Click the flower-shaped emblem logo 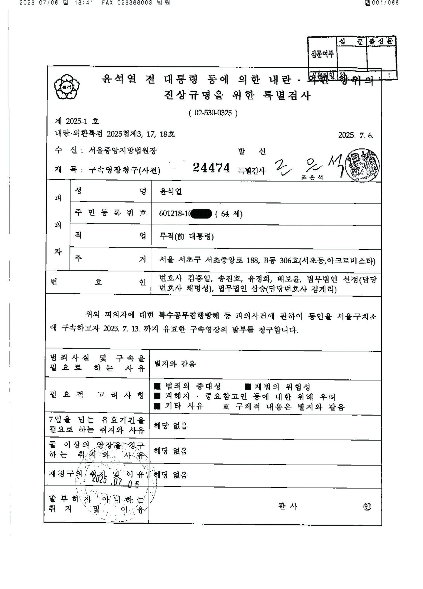click(x=67, y=87)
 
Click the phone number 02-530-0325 click(x=213, y=113)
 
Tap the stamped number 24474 click(x=211, y=168)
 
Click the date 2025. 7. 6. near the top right click(x=355, y=135)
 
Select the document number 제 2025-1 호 click(x=77, y=121)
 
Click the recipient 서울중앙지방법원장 click(x=122, y=151)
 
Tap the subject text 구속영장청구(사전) click(x=124, y=170)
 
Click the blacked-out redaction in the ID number click(x=201, y=214)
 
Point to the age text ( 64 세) click(x=229, y=214)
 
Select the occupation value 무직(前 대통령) click(x=186, y=236)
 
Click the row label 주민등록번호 click(x=110, y=213)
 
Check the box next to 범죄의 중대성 click(x=157, y=386)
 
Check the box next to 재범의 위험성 click(x=248, y=386)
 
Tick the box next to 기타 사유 click(x=157, y=406)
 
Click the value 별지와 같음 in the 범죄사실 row click(x=175, y=364)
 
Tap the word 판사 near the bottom click(x=288, y=506)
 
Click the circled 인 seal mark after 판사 click(x=367, y=506)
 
